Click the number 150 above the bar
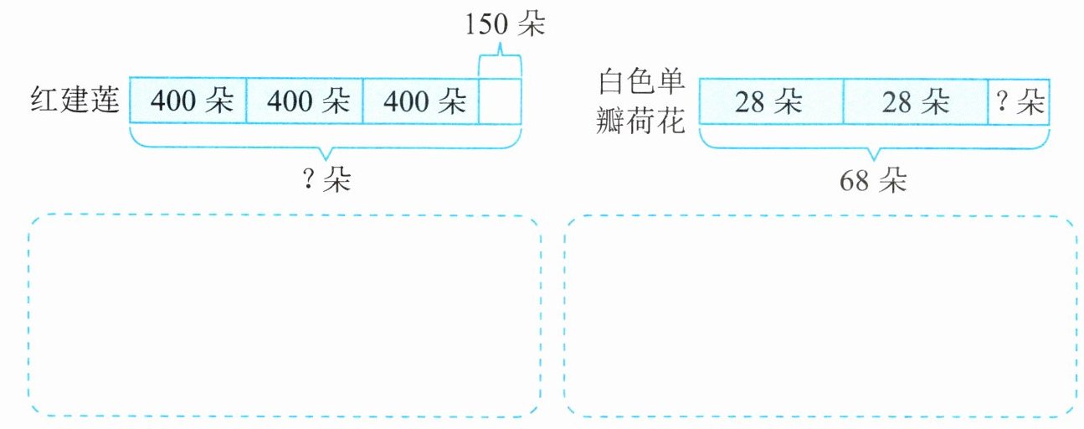pos(486,25)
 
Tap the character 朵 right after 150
pos(530,25)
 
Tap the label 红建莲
pos(74,101)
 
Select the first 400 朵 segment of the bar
pos(188,101)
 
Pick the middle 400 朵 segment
pos(305,101)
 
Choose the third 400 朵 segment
pos(421,101)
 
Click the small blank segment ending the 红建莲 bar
pos(500,101)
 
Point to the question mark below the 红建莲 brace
pos(308,181)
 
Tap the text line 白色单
pos(642,83)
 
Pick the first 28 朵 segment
pos(769,102)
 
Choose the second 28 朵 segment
pos(915,102)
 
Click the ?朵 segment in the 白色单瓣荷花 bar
pos(1019,102)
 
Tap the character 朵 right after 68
pos(893,181)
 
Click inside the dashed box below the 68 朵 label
pos(820,316)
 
